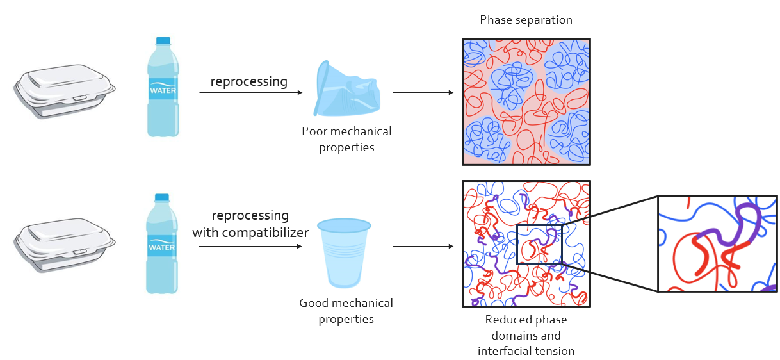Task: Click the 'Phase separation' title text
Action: click(526, 20)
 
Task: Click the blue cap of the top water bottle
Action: click(163, 40)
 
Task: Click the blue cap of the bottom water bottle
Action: click(163, 198)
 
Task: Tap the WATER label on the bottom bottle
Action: click(163, 246)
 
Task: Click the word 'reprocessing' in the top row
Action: click(249, 82)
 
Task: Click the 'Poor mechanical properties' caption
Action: click(346, 139)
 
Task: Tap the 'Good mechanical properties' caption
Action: click(346, 311)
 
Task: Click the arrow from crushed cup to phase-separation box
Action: click(423, 93)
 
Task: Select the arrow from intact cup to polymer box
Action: click(423, 246)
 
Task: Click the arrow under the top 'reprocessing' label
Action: click(250, 93)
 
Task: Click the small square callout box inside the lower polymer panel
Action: click(539, 244)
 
